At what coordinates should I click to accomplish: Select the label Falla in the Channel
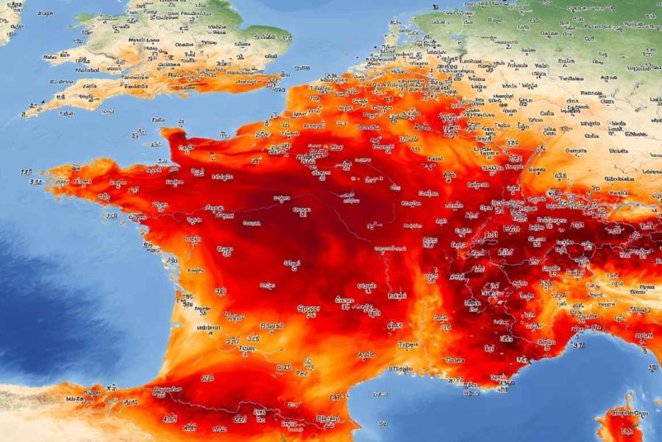pos(159,119)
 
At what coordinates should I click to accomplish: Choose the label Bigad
pos(273,325)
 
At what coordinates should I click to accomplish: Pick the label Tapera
pos(409,344)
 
